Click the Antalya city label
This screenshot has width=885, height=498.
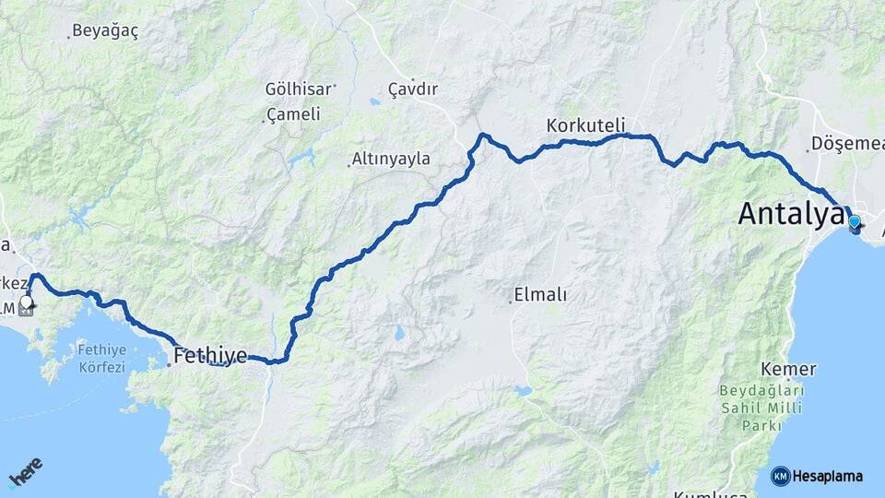click(x=790, y=214)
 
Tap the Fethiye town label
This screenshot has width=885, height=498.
click(x=211, y=354)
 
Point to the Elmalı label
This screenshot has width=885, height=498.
click(x=542, y=296)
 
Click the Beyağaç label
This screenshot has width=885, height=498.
click(x=105, y=30)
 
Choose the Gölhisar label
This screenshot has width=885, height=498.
click(x=297, y=89)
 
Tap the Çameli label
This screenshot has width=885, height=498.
click(x=293, y=114)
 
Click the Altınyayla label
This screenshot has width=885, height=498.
click(x=393, y=159)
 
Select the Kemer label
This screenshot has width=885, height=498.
click(x=789, y=369)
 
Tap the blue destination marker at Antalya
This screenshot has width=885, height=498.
click(x=855, y=222)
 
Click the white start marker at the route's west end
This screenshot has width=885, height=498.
click(x=27, y=302)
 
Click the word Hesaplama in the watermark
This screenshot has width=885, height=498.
click(x=828, y=476)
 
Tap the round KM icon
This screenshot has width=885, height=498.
click(x=780, y=476)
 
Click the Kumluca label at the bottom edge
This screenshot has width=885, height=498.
click(x=710, y=493)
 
